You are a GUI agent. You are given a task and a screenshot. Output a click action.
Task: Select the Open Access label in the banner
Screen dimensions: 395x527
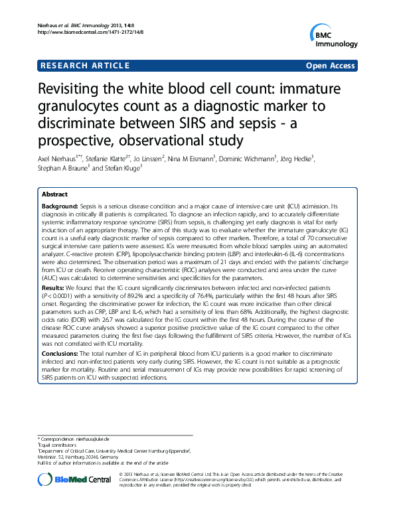click(330, 66)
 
